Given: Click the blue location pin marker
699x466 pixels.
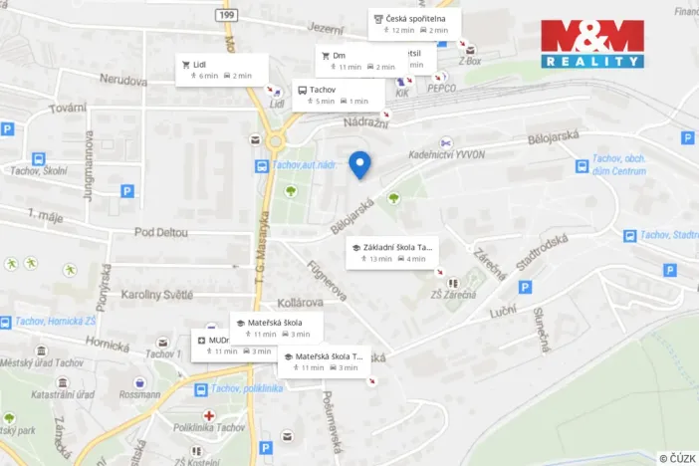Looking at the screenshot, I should pos(359,164).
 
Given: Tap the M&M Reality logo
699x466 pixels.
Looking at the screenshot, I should pos(592,43).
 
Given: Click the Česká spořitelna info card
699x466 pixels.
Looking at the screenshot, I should pos(413,24).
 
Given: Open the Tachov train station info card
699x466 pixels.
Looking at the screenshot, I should pos(332,95).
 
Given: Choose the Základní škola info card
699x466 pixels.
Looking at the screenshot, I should pos(390,252).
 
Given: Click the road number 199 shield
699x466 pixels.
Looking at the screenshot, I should pos(228,16).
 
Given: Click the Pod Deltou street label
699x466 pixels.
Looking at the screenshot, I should pos(159,232).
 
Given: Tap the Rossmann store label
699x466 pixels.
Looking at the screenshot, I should pos(138,394).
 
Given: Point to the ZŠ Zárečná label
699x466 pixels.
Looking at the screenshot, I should pos(453,295).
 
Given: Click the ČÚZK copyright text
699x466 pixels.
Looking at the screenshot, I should pos(677,457).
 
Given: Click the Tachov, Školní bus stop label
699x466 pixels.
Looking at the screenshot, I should pos(38,171).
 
